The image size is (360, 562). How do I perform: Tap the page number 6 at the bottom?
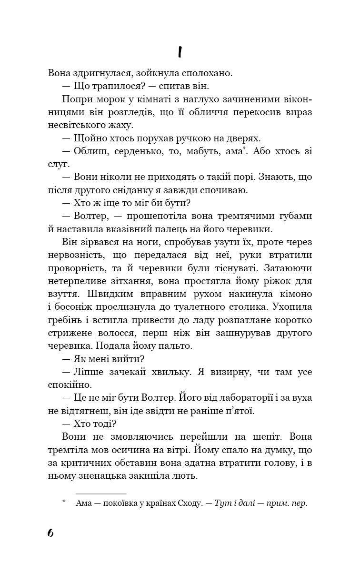click(50, 532)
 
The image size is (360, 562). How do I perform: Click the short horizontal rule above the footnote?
click(101, 494)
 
